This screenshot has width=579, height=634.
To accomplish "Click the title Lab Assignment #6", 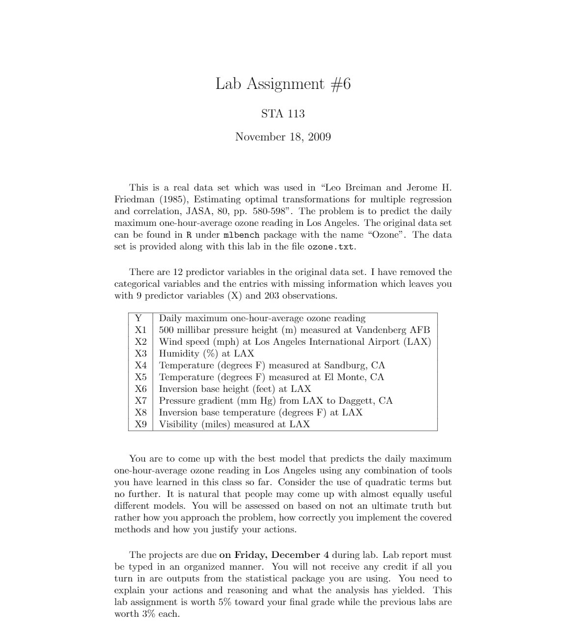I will coord(283,84).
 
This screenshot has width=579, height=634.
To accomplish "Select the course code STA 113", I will coord(283,113).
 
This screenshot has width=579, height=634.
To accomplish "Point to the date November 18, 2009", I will coord(283,137).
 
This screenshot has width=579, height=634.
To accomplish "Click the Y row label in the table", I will coord(138,318).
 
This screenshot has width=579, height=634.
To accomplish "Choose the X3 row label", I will coord(141,354).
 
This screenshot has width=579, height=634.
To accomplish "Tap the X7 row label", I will coord(141,401).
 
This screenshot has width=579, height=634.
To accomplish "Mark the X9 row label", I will coord(141,424).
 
